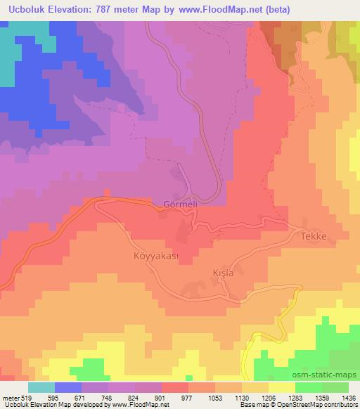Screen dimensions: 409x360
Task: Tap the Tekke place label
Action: coord(314,237)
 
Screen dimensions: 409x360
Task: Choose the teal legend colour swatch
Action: coord(41,387)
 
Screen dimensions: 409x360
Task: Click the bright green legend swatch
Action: coord(335,387)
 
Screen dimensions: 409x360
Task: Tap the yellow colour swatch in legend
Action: coord(282,387)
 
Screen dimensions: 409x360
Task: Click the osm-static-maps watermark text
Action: coord(330,377)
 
